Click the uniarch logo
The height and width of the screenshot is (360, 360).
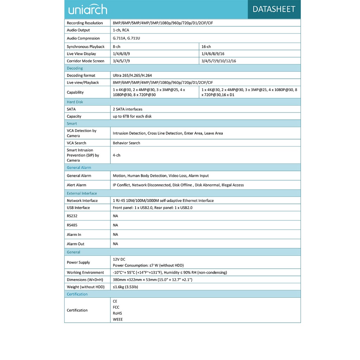(88, 9)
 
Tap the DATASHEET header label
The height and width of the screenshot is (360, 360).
(274, 9)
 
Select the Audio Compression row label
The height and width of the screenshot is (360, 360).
(83, 38)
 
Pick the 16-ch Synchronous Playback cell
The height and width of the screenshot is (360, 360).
(206, 47)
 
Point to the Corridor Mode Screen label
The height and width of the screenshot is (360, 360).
(85, 61)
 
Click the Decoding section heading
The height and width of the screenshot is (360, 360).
(75, 68)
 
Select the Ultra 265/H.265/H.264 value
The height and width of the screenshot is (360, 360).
(132, 76)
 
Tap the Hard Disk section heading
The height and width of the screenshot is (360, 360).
(75, 102)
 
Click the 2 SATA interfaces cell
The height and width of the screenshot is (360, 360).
(128, 109)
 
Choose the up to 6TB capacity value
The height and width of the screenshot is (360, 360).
(132, 116)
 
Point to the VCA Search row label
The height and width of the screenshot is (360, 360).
(76, 143)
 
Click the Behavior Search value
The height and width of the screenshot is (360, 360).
(126, 143)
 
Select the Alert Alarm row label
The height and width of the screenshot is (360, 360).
(76, 185)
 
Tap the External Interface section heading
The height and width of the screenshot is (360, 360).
(82, 193)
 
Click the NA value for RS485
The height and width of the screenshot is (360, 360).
(115, 225)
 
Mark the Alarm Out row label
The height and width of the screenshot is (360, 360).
(76, 244)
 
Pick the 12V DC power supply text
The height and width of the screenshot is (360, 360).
(119, 259)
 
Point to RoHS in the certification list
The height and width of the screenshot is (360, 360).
(117, 313)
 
